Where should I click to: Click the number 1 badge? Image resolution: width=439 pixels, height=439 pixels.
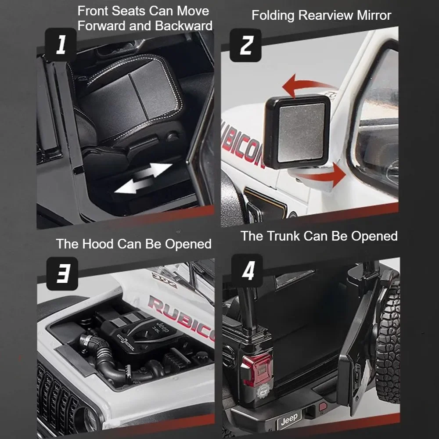click(x=61, y=44)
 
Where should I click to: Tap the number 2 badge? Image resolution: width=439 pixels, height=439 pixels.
click(x=245, y=45)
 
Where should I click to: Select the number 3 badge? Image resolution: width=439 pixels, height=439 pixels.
click(x=62, y=273)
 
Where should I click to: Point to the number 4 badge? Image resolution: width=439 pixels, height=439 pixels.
click(x=247, y=270)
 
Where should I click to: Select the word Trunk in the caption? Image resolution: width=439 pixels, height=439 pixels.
click(x=283, y=236)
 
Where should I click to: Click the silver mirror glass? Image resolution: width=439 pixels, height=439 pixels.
click(x=301, y=133)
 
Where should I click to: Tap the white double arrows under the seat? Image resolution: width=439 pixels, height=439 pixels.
click(x=144, y=178)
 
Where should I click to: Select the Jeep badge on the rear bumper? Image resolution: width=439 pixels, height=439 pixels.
click(x=289, y=419)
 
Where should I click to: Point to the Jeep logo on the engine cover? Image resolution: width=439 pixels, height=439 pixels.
click(x=162, y=327)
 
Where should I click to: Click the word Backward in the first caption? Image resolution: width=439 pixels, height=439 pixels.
click(x=184, y=26)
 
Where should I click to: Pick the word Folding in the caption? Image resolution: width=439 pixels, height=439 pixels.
click(x=273, y=16)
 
